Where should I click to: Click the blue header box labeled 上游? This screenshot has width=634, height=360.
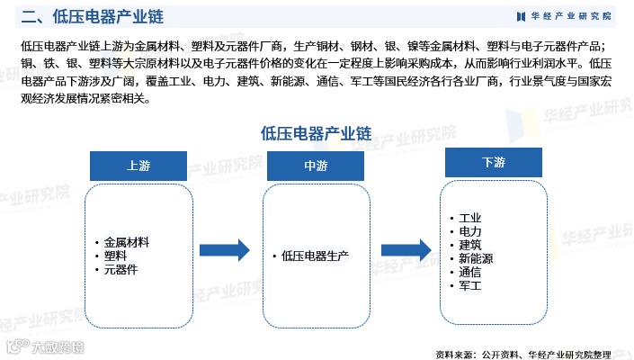point(138,166)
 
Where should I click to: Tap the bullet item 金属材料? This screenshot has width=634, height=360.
point(126,242)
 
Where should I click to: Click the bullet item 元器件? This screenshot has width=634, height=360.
point(121,269)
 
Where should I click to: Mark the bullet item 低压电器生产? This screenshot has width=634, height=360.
point(314,256)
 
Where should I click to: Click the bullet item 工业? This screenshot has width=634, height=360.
point(470,218)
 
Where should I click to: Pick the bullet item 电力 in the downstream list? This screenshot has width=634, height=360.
point(470,231)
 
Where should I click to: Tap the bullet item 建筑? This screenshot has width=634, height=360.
point(470,245)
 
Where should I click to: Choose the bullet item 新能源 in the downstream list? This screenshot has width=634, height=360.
point(476,258)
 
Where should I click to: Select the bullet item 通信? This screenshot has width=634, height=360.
point(470,272)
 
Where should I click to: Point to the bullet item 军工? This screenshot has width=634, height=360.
point(470,285)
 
